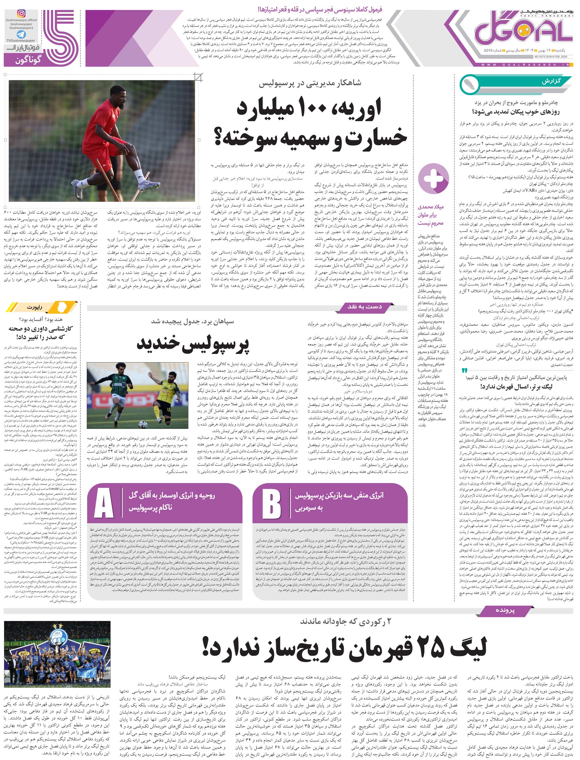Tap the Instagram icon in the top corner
click(x=21, y=14)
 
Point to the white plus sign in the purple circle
click(x=433, y=179)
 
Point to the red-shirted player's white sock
click(x=139, y=176)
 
